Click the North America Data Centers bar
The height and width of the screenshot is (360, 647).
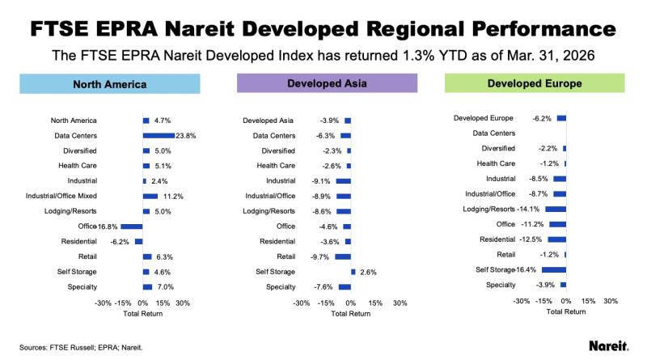click(159, 135)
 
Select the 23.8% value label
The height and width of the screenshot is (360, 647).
click(185, 135)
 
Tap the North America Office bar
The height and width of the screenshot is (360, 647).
click(132, 226)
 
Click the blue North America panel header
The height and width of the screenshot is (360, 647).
click(109, 83)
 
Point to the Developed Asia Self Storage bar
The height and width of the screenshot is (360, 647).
click(353, 272)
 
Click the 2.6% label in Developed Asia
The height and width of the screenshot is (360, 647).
click(369, 272)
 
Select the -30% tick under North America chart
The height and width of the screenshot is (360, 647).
click(103, 303)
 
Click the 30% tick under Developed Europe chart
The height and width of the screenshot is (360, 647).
click(611, 300)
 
